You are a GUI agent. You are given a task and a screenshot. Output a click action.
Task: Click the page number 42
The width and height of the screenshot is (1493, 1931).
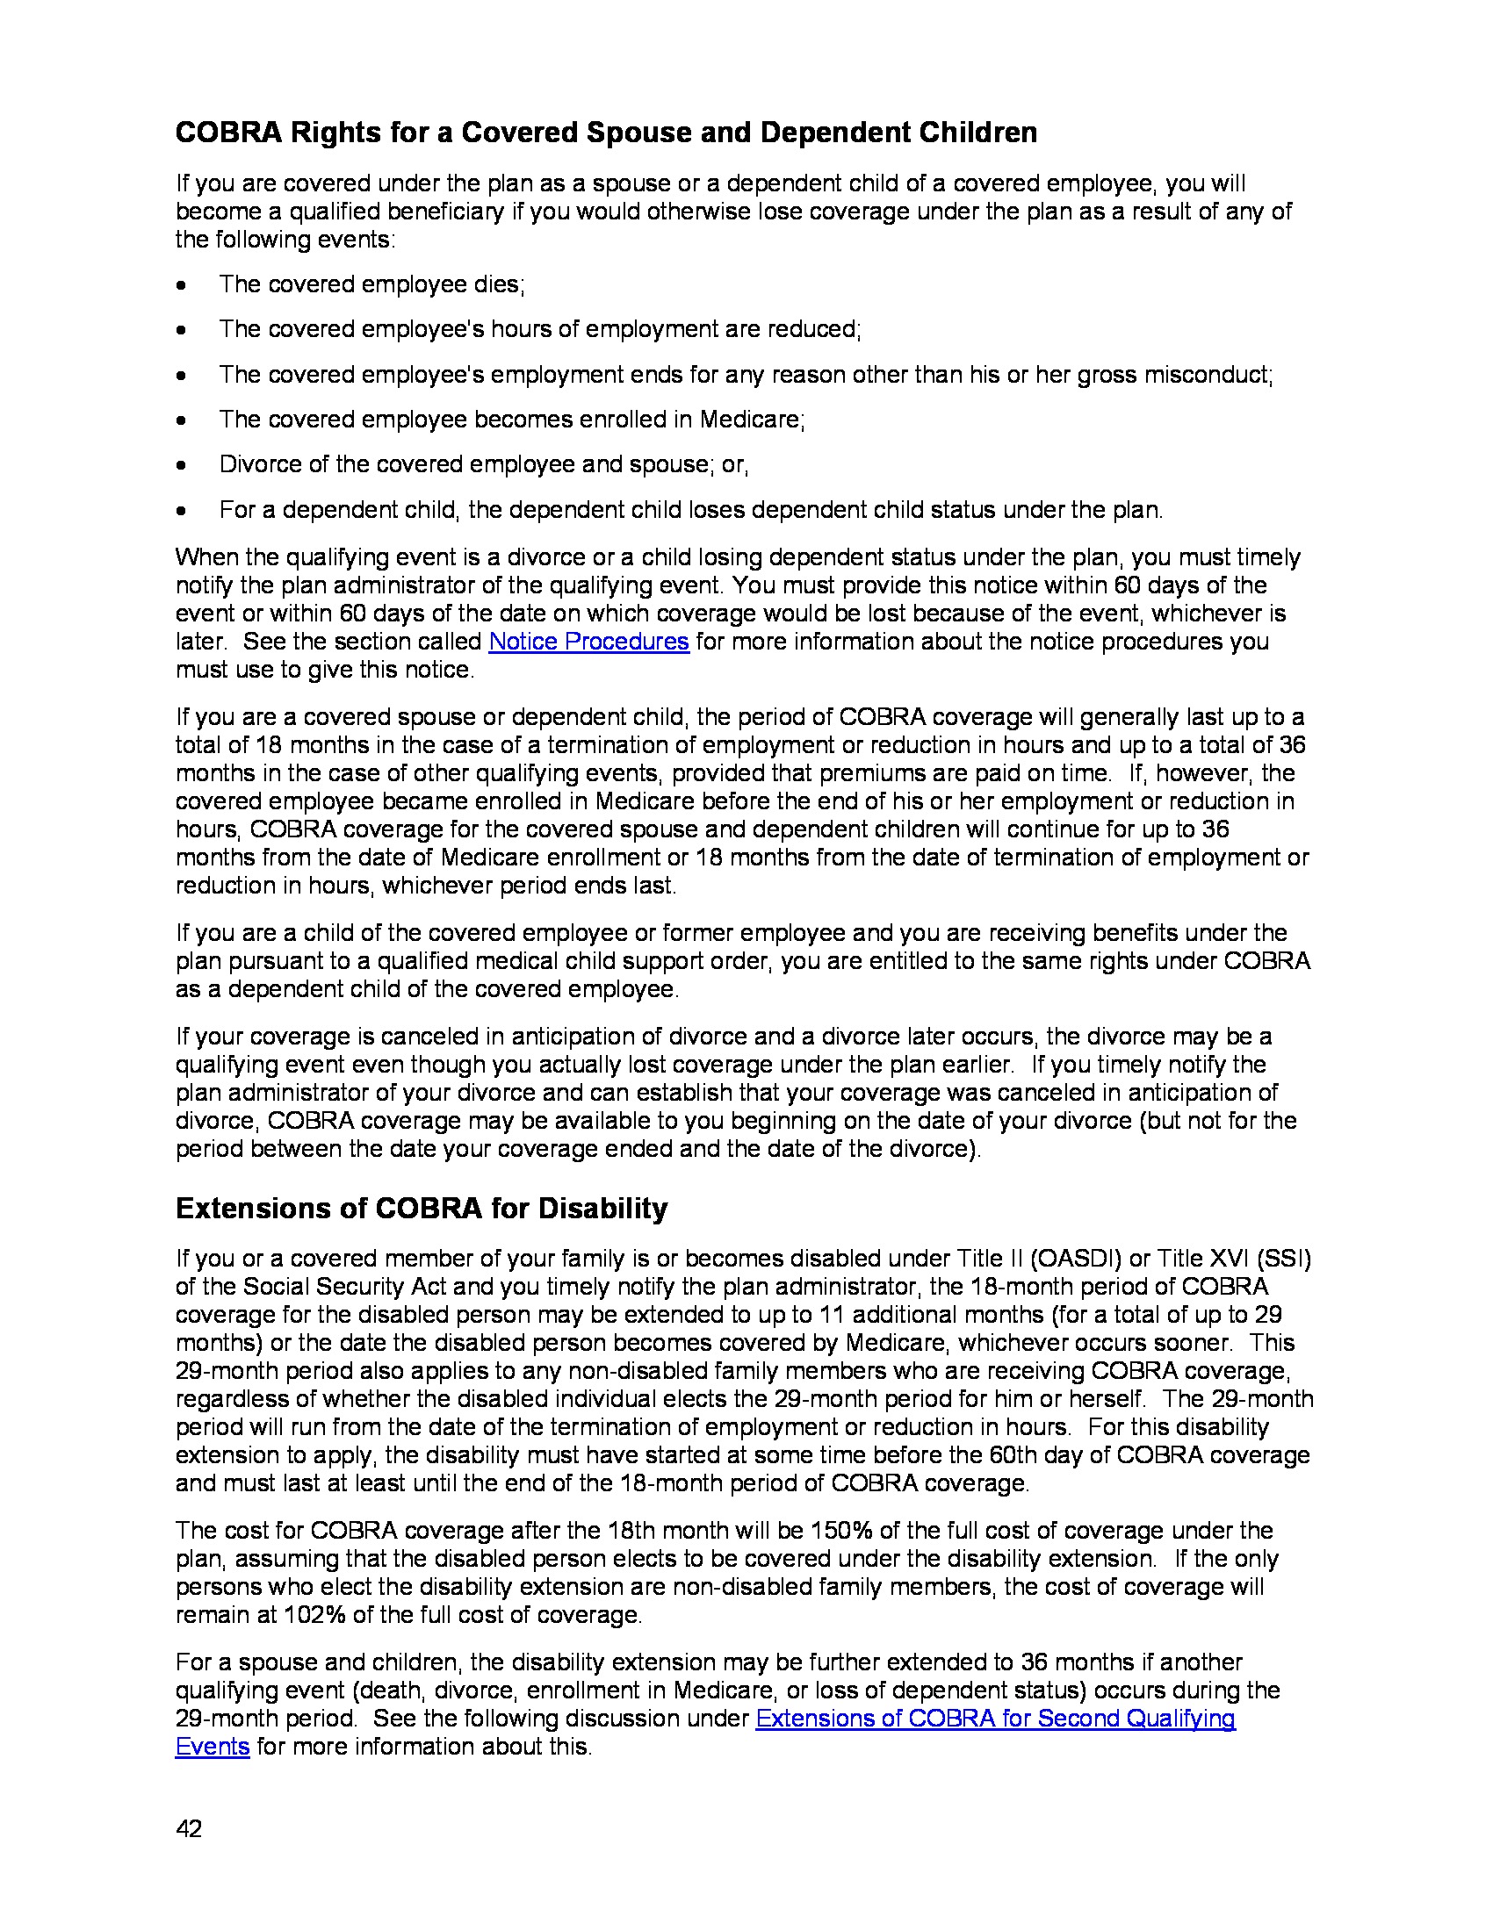tap(189, 1828)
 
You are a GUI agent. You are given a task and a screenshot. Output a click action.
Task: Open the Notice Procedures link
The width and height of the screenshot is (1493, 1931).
tap(588, 641)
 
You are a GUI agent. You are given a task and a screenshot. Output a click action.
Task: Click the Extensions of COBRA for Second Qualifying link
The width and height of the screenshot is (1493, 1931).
tap(995, 1718)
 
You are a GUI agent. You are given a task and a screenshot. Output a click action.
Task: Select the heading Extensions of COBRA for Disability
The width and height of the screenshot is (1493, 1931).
tap(421, 1208)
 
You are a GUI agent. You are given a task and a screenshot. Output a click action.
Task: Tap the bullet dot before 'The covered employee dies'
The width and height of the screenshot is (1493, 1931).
tap(181, 285)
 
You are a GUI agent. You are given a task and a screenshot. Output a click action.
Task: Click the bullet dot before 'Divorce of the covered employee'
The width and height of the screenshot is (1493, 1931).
tap(181, 466)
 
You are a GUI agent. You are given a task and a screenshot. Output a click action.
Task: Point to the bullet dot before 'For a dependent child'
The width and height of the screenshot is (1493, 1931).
tap(181, 511)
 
